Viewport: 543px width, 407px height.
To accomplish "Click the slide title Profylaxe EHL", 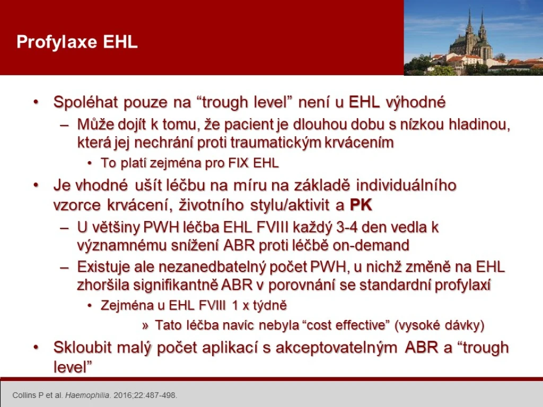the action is tap(77, 42).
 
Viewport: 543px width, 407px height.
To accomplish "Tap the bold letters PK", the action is tap(361, 205).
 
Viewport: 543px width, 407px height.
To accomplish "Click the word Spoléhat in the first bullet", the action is tap(86, 102).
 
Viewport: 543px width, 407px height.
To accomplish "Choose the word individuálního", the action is tap(406, 185).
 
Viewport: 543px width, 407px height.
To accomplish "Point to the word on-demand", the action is tap(371, 245).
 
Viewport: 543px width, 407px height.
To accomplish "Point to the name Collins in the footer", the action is tap(24, 395).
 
